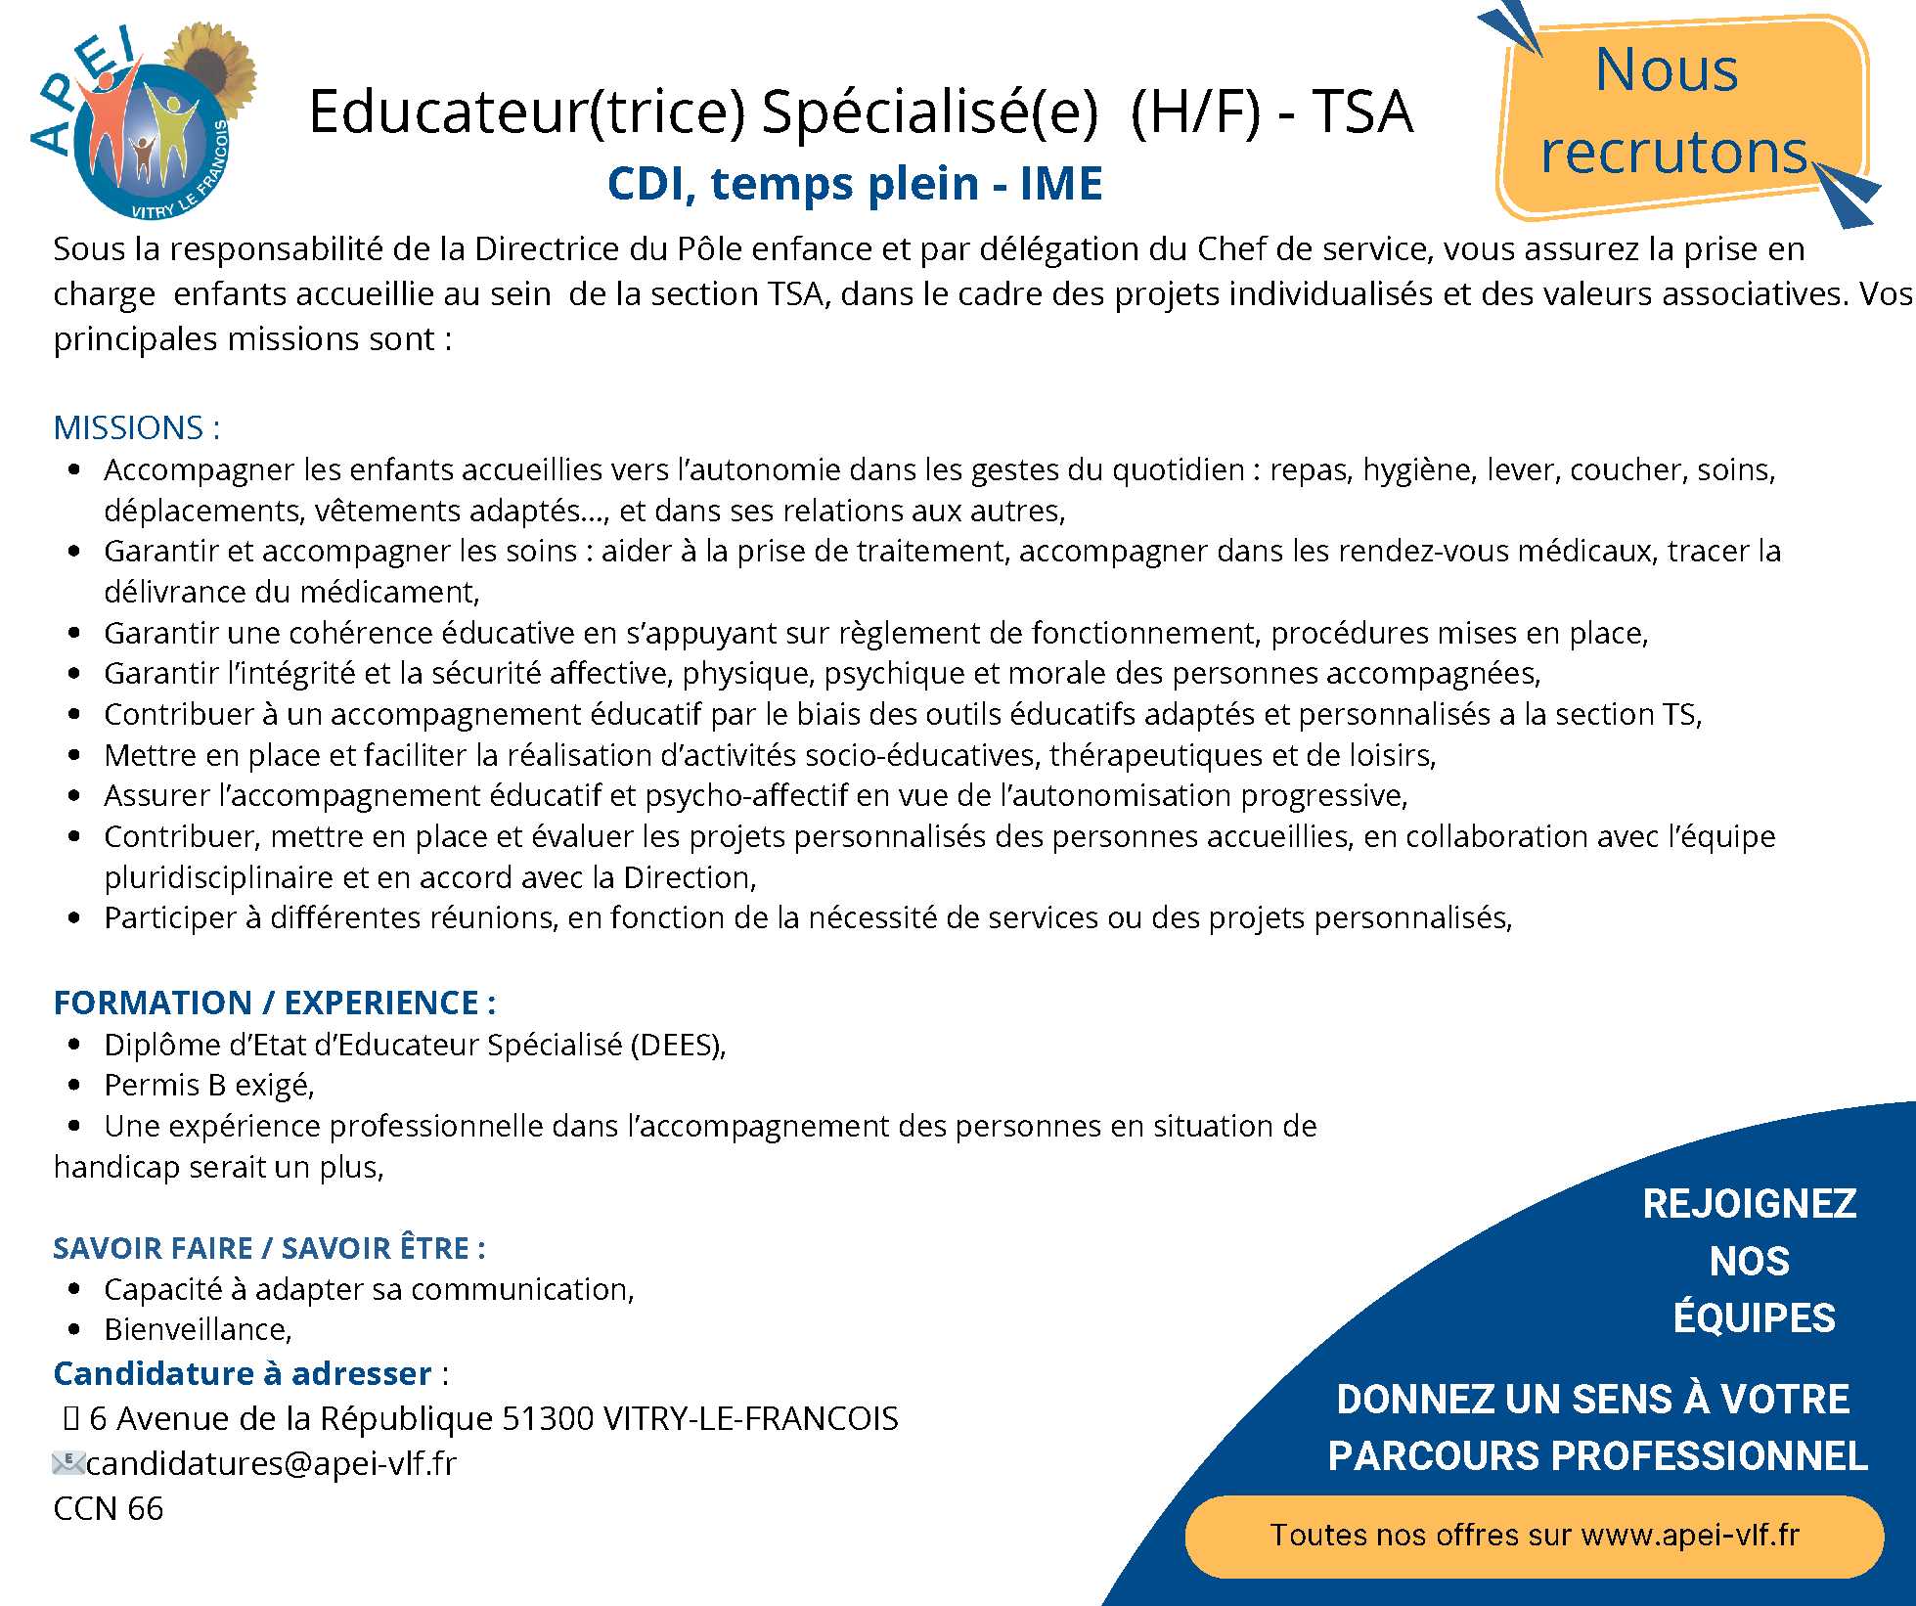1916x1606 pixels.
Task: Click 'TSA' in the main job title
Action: (1361, 112)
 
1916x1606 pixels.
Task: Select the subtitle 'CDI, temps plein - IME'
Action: (854, 184)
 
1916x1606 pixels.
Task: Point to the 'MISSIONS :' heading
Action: (137, 427)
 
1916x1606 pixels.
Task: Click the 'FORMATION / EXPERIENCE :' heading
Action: (275, 1003)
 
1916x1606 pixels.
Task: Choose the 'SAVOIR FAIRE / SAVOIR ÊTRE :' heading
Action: (269, 1248)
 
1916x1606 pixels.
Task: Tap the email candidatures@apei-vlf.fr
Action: (271, 1463)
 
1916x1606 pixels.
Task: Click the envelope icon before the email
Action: (67, 1463)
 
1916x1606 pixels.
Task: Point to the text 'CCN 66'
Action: (109, 1508)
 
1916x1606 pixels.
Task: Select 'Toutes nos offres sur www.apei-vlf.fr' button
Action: (1534, 1535)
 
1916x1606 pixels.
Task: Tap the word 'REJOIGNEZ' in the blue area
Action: (1749, 1204)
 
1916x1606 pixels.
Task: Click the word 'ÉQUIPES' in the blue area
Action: (1754, 1317)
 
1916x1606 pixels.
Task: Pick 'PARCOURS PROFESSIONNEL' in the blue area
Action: (1597, 1455)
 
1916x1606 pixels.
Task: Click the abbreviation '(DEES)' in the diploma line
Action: (679, 1045)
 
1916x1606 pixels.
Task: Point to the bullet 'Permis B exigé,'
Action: (209, 1085)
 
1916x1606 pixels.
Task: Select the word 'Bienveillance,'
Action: (199, 1329)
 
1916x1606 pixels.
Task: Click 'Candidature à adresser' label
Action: (243, 1373)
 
